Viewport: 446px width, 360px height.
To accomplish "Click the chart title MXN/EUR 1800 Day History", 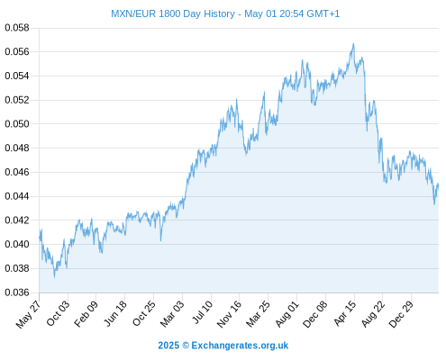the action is [x=173, y=13].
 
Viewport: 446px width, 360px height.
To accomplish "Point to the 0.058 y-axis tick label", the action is [x=17, y=28].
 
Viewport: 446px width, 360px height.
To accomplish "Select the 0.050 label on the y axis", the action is [x=17, y=124].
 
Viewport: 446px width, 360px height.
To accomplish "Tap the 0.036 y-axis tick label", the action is [x=17, y=292].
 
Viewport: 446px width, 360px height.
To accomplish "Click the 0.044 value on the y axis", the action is [x=17, y=196].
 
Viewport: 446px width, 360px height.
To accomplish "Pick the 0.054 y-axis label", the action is [x=17, y=76].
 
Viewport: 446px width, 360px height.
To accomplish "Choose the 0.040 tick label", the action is [x=17, y=244].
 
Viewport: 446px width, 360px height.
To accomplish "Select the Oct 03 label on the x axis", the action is [x=58, y=313].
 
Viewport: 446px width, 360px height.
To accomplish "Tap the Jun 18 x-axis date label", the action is [x=114, y=313].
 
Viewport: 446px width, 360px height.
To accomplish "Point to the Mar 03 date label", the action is [x=172, y=313].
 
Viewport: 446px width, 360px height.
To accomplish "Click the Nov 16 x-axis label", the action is [x=229, y=314].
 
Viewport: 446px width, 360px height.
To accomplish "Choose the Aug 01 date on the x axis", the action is [x=287, y=313].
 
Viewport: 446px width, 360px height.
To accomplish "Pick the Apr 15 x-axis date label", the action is [x=345, y=313].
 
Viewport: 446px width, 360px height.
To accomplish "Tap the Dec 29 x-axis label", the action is [x=401, y=314].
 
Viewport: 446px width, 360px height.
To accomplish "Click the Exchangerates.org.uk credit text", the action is [x=240, y=346].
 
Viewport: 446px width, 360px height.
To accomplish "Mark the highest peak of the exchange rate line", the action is [x=353, y=44].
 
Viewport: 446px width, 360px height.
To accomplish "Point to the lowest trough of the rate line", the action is [x=54, y=276].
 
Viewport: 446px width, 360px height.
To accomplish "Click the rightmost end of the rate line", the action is [x=438, y=184].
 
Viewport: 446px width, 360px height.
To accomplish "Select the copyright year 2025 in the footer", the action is [x=168, y=346].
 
